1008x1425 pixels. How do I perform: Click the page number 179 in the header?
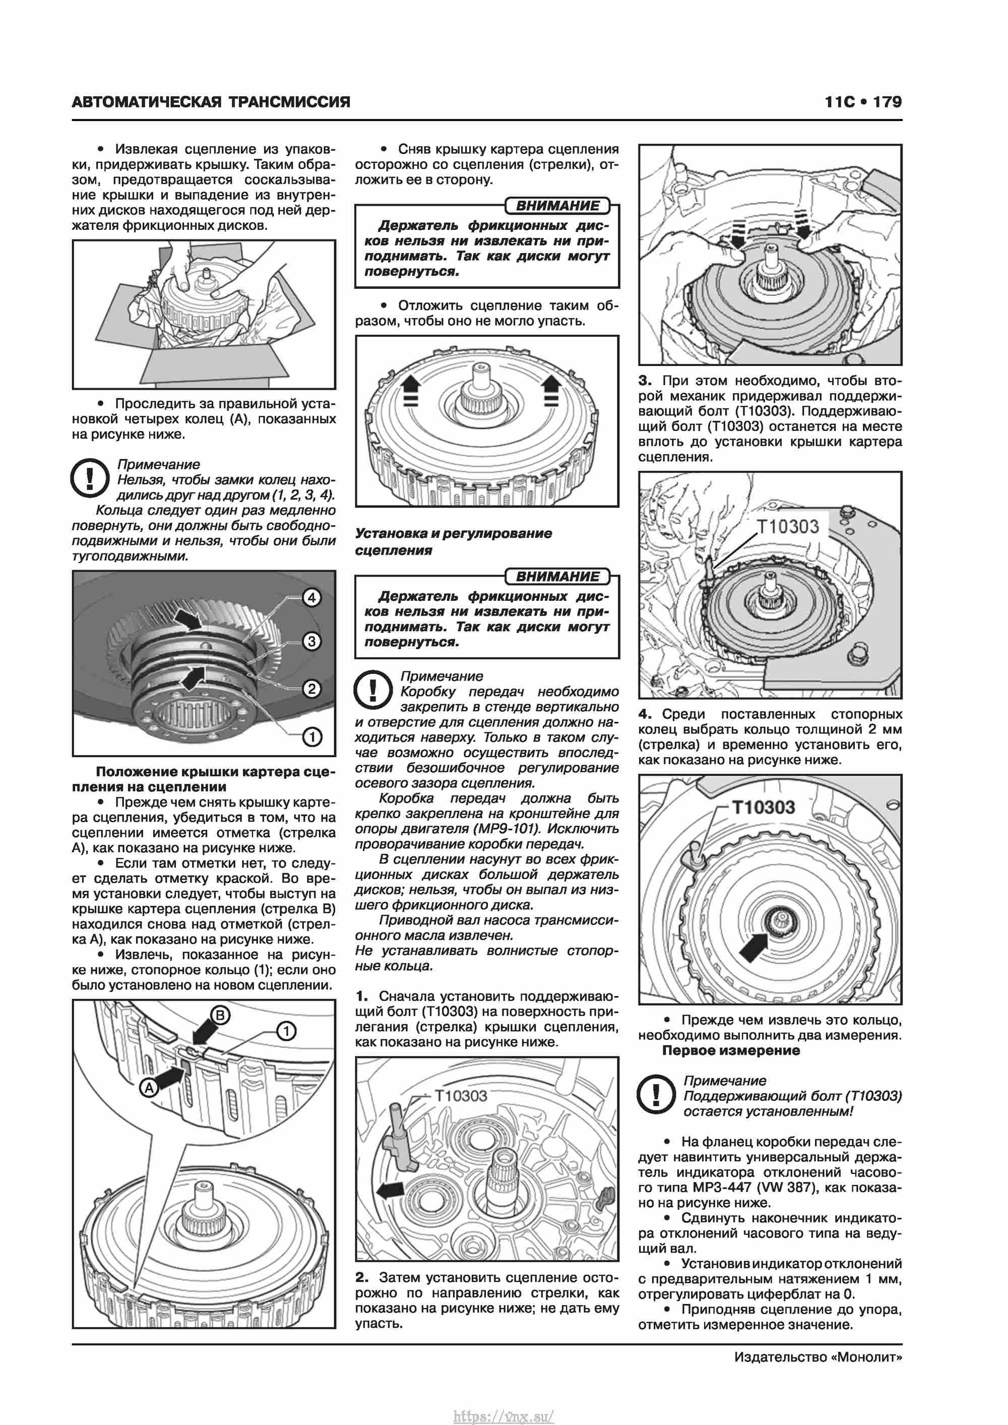tap(887, 102)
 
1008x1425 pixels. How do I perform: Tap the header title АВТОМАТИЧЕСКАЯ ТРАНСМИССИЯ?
tap(211, 102)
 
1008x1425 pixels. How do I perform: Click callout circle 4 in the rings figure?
tap(311, 598)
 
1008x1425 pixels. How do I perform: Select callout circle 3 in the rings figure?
tap(311, 641)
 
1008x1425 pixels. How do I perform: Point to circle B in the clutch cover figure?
tap(220, 1015)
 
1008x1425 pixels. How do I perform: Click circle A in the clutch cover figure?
tap(149, 1087)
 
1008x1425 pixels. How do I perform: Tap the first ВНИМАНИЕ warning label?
tap(557, 206)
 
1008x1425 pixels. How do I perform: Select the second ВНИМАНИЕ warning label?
tap(557, 577)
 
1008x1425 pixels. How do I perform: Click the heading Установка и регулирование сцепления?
tap(453, 541)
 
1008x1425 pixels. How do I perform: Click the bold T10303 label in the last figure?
tap(764, 807)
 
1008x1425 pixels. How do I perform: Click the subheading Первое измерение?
tap(731, 1051)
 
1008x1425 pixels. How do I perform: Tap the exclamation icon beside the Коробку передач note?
tap(372, 690)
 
